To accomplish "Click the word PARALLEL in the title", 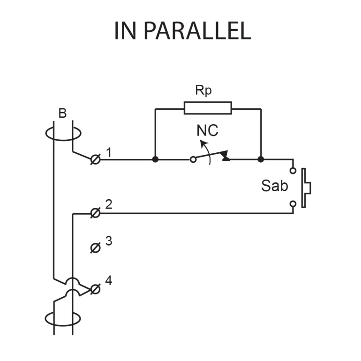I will [x=197, y=30].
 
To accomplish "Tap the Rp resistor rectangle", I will [x=208, y=108].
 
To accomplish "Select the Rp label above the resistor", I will [x=203, y=90].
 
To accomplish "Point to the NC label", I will [x=207, y=131].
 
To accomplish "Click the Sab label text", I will [x=274, y=186].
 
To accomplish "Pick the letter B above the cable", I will [x=63, y=113].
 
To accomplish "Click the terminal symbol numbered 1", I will [x=95, y=159].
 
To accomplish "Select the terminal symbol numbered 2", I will [x=95, y=213].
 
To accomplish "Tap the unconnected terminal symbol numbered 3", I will [x=95, y=247].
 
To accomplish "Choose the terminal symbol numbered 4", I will [x=95, y=289].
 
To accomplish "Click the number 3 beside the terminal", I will [x=108, y=241].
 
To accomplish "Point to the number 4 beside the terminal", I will [x=108, y=281].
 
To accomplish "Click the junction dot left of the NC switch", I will [x=155, y=159].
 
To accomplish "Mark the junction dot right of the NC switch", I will [x=261, y=159].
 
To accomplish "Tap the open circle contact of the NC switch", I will [x=193, y=159].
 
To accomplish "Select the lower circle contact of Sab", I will [x=293, y=204].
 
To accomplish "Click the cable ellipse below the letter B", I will [x=63, y=134].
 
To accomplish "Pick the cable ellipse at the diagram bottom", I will [x=63, y=318].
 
